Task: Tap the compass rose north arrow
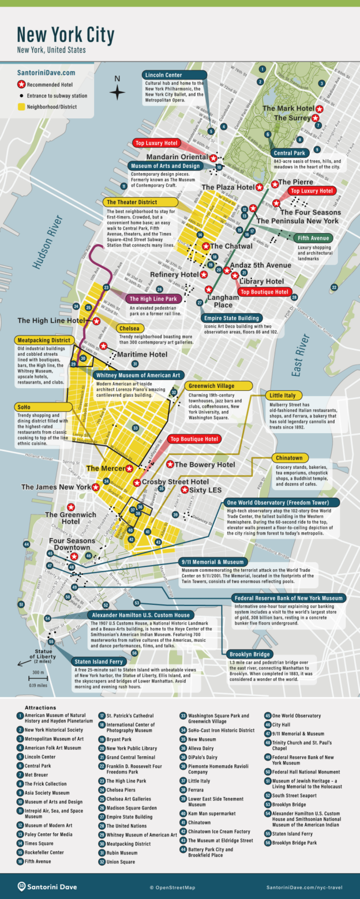pos(118,91)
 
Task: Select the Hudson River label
pos(45,242)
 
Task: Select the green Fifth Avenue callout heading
pos(313,238)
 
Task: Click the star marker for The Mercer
pos(129,468)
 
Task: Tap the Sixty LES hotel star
pos(184,490)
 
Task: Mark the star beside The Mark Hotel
pos(319,108)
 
